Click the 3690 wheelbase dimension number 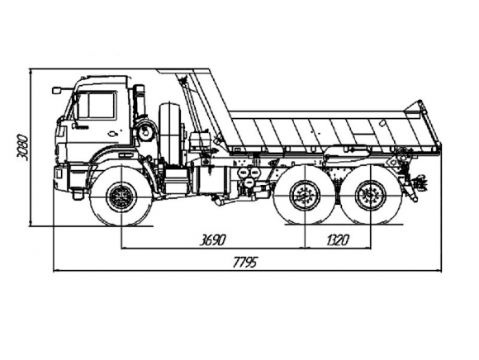212,240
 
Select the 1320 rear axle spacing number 338,240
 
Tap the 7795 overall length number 245,262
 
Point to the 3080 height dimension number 23,147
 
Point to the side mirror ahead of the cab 56,90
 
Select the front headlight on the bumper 58,173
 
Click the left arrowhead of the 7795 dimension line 56,270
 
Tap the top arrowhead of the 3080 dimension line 31,72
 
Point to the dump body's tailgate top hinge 420,104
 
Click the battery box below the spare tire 176,180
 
